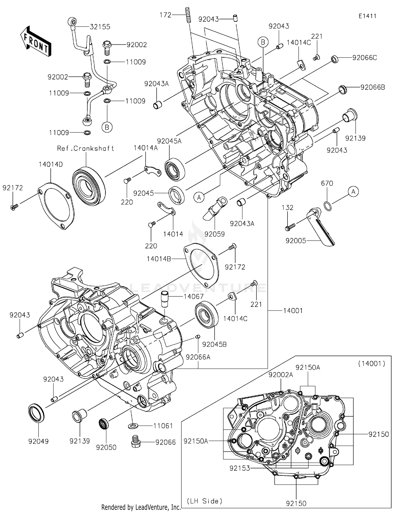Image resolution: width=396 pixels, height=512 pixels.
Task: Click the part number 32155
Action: point(100,27)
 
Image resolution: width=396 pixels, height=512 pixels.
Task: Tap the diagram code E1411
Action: point(367,16)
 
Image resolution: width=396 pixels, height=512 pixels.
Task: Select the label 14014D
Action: point(51,164)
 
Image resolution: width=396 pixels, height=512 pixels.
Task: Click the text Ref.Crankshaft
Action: point(86,148)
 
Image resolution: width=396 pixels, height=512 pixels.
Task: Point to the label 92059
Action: point(214,234)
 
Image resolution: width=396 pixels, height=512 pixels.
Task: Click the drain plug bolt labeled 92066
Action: point(135,442)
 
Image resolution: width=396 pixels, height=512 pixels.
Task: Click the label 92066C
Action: point(365,58)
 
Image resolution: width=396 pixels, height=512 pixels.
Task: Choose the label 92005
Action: point(296,241)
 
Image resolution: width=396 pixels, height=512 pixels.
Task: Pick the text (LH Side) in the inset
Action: point(205,501)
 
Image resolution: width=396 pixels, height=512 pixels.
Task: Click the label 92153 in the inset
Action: point(240,468)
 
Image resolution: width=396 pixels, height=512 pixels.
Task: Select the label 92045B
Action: point(214,345)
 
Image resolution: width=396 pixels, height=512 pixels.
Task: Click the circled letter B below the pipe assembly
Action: point(107,127)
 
